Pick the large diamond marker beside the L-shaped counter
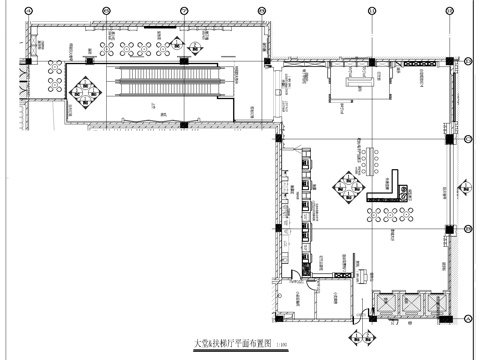[348, 187]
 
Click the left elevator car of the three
[384, 304]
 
